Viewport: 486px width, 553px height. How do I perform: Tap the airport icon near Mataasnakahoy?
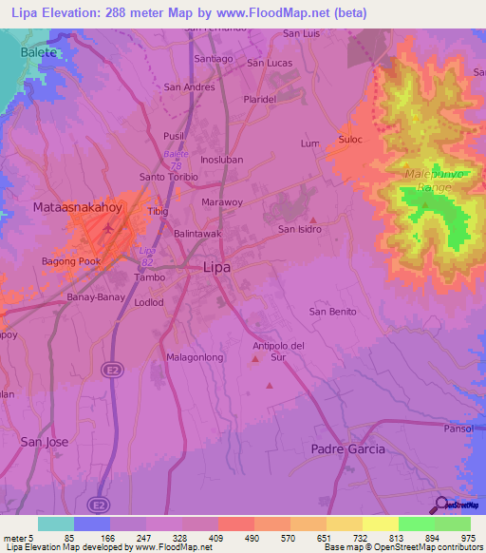click(x=107, y=229)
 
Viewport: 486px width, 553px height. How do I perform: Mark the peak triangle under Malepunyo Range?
click(x=424, y=204)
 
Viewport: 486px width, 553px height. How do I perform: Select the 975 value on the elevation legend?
click(x=466, y=539)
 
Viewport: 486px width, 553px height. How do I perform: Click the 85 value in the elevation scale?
click(x=67, y=539)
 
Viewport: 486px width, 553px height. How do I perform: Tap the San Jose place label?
click(x=45, y=442)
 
